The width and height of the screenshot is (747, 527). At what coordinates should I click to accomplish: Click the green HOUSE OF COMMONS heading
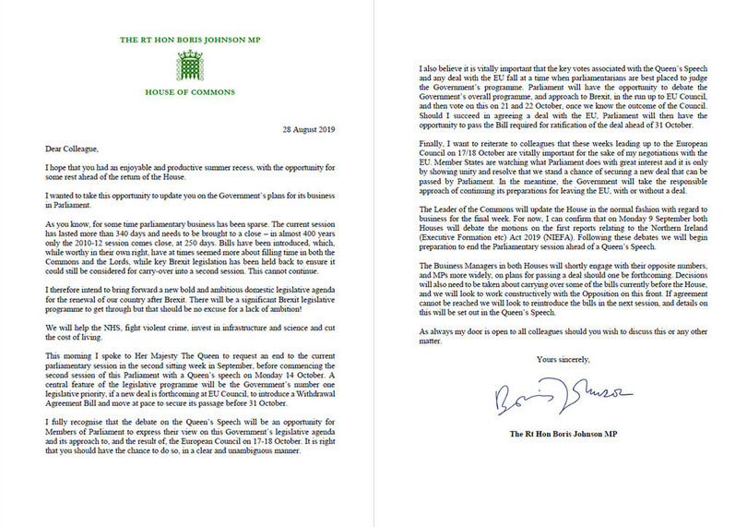(x=193, y=94)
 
